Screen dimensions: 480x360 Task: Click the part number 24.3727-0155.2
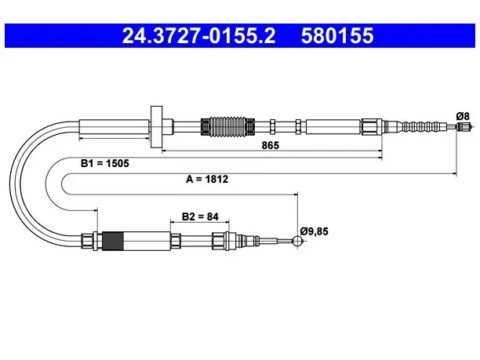pos(198,35)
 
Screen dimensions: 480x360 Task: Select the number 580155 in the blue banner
pos(337,35)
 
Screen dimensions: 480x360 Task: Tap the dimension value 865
pos(271,145)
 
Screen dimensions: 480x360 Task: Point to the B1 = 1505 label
pos(104,163)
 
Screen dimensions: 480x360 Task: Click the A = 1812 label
pos(207,179)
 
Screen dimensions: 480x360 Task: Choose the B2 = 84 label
pos(200,216)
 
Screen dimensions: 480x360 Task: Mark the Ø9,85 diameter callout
pos(314,231)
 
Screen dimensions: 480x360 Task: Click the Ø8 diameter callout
pos(463,116)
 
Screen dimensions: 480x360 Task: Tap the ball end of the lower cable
pos(297,241)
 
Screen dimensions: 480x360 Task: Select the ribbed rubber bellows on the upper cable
pos(227,126)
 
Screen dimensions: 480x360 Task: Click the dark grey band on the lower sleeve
pos(113,242)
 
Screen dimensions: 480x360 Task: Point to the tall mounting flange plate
pos(156,127)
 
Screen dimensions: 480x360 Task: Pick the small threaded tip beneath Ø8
pos(464,126)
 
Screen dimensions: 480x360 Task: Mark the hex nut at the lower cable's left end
pos(88,242)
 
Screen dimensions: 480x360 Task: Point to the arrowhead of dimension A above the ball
pos(296,194)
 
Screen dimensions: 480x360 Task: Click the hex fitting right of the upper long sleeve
pos(371,127)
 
